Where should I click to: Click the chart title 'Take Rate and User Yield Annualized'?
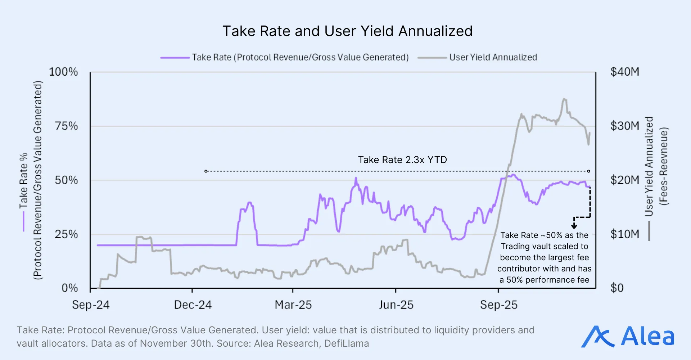[x=347, y=31]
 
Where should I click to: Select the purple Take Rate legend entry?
[x=284, y=58]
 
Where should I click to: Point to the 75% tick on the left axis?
[x=66, y=126]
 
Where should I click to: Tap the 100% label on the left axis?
[x=63, y=72]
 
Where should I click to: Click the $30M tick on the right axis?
[x=625, y=126]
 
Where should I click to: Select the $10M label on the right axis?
[x=625, y=234]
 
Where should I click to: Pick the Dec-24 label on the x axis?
[x=193, y=305]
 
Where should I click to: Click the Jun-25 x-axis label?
[x=396, y=305]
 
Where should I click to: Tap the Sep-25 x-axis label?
[x=498, y=305]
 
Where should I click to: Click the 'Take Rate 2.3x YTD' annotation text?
[x=402, y=160]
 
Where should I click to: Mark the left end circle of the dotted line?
[x=206, y=171]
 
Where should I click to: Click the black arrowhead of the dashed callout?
[x=574, y=226]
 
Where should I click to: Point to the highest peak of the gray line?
[x=564, y=99]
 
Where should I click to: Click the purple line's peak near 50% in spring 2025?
[x=356, y=178]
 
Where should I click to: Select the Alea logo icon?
[x=597, y=337]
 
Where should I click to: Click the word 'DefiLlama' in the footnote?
[x=346, y=343]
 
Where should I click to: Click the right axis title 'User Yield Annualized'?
[x=649, y=166]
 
